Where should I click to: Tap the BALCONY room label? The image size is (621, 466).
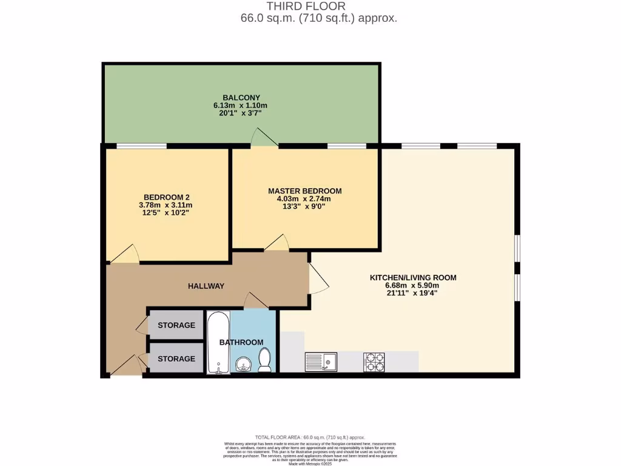pos(241,97)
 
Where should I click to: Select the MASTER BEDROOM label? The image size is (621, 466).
pos(304,191)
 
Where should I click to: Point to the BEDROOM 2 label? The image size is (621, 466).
pos(167,197)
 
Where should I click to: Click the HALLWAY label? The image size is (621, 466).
pos(206,286)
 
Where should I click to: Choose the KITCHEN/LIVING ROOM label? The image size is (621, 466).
pos(413,277)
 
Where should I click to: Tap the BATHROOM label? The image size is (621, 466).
pos(241,342)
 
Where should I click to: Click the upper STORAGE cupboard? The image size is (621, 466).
pos(176,325)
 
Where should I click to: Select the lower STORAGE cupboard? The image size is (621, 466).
pos(176,359)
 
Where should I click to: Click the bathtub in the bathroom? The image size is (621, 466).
pos(217,342)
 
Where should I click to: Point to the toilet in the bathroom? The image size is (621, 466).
pos(264,359)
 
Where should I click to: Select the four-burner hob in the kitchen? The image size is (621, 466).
pos(374,362)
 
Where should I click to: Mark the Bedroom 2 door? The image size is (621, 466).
pos(125,255)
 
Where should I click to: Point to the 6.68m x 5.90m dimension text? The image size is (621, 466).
pos(413,286)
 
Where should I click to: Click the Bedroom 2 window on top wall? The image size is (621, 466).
pos(141,145)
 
